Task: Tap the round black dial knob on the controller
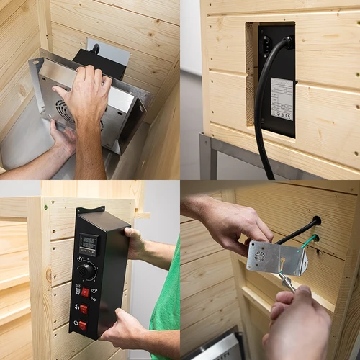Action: click(x=87, y=271)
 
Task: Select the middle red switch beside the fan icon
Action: click(x=84, y=308)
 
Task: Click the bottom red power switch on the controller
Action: click(x=82, y=325)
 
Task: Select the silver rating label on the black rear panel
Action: click(x=281, y=98)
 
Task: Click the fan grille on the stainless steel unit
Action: click(x=65, y=112)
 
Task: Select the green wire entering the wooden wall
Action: click(x=308, y=240)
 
